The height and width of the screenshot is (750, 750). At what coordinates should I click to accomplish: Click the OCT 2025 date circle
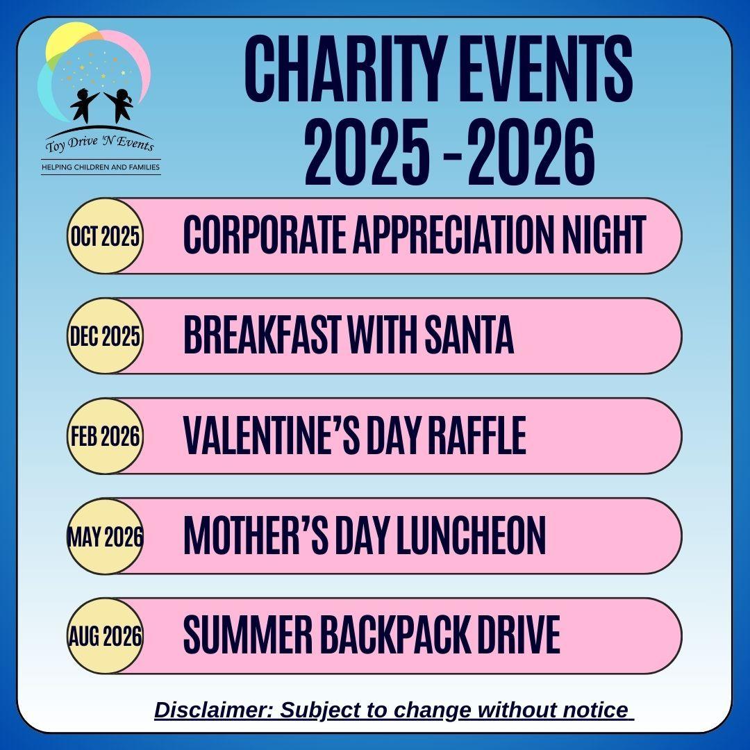click(106, 236)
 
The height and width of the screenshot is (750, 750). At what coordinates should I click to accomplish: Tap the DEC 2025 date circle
click(106, 336)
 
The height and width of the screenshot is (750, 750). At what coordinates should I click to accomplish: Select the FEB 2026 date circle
click(106, 435)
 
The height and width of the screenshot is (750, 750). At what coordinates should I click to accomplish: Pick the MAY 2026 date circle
click(106, 535)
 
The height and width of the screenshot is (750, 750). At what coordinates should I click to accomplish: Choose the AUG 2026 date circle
click(106, 635)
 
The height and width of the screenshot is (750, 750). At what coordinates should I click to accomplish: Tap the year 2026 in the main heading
click(531, 152)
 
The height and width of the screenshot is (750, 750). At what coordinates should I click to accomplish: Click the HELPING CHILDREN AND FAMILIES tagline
click(101, 167)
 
